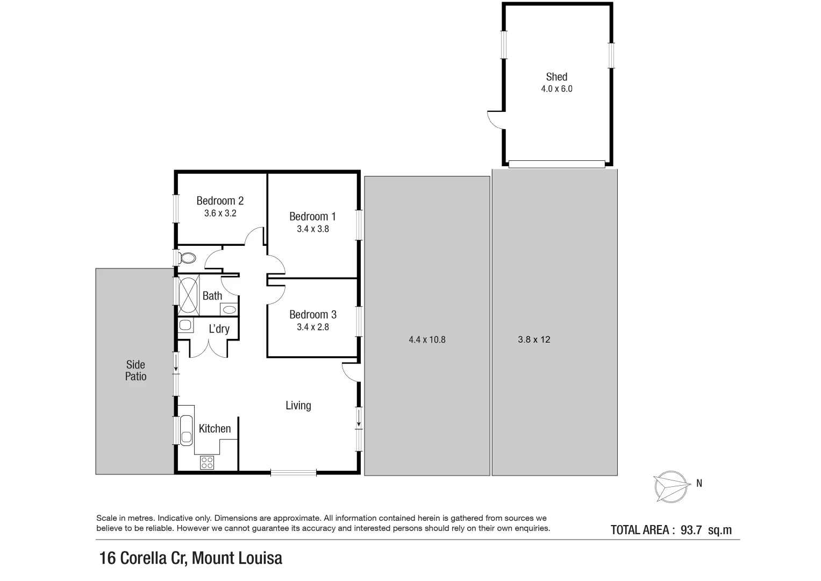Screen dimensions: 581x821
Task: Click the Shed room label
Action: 556,77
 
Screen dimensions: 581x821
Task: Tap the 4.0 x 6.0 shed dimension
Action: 556,89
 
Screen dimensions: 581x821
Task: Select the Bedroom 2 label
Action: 220,201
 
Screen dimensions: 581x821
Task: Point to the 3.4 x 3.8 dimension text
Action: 312,229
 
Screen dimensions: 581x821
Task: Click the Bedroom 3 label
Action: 312,315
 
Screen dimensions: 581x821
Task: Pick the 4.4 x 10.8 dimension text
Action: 427,340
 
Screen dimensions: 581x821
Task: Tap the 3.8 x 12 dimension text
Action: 534,340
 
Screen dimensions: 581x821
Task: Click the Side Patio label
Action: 135,371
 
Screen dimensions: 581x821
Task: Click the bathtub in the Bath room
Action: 188,294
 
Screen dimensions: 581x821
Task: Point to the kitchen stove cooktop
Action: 207,462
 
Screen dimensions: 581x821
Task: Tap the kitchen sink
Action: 186,430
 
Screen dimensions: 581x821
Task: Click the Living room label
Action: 298,406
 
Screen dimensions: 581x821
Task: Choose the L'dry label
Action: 219,329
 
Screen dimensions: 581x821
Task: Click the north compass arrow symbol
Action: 671,486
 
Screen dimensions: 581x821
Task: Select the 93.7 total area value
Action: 691,530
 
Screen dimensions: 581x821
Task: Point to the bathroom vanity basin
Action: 229,309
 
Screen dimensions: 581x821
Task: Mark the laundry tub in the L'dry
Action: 185,325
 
